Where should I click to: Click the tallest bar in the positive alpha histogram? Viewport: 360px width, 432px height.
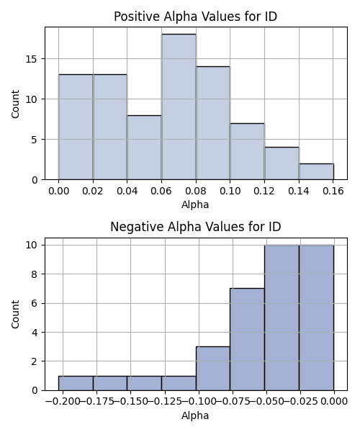(179, 107)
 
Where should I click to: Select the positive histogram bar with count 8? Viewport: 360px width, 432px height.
(144, 148)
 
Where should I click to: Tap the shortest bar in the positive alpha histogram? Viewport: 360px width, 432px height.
(317, 171)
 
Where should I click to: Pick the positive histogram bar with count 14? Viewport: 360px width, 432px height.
(213, 123)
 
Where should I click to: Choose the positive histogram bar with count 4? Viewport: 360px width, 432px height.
(282, 163)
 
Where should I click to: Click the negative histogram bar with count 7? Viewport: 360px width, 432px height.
(248, 339)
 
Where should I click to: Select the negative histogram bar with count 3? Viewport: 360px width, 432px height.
(213, 369)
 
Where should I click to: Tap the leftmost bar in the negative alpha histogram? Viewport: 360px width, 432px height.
(76, 383)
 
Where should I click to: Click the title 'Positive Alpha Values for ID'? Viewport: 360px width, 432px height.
(196, 17)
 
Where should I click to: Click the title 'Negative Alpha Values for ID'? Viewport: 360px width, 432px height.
(196, 227)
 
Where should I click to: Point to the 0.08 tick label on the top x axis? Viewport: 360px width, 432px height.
(196, 191)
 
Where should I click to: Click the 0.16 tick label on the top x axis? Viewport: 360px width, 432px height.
(333, 191)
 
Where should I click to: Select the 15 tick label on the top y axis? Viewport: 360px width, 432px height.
(32, 59)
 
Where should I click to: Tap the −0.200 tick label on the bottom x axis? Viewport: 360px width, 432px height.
(63, 401)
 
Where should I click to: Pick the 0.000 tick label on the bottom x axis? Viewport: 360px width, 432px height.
(334, 401)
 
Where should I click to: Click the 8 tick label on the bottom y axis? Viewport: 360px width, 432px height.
(35, 274)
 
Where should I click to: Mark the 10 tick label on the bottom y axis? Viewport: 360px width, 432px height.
(32, 245)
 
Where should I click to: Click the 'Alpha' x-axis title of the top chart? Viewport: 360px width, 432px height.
(195, 204)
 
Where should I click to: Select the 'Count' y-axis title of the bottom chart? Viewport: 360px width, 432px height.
(15, 314)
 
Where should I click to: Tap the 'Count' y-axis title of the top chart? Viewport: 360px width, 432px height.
(15, 104)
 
